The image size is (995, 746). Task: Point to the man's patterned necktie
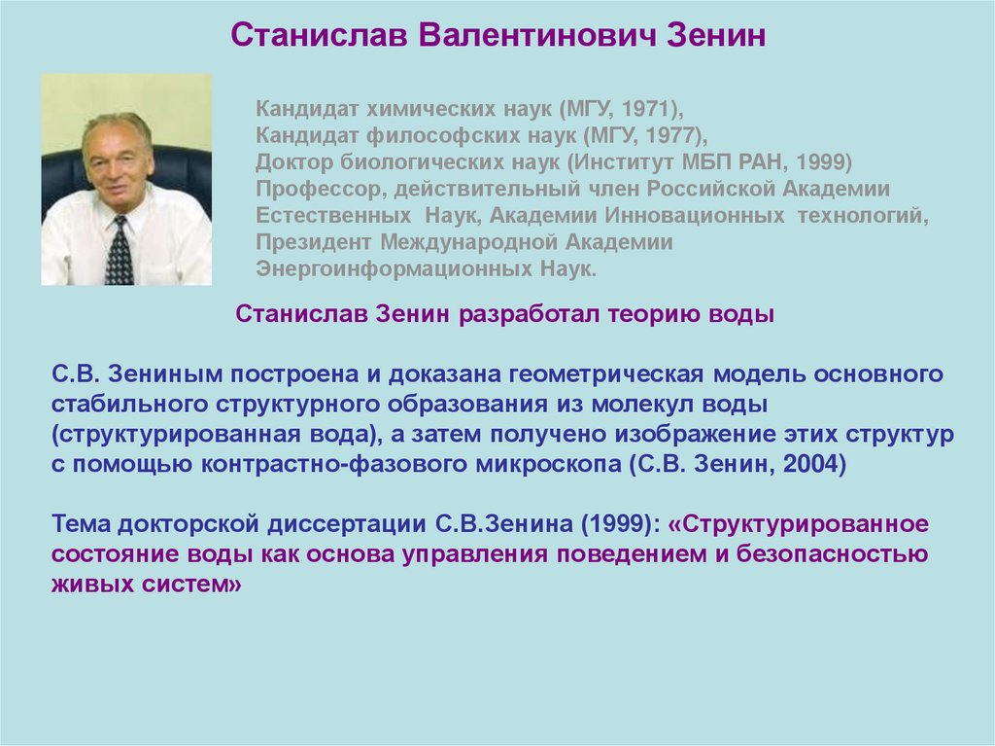pyautogui.click(x=120, y=250)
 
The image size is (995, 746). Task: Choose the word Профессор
pyautogui.click(x=311, y=188)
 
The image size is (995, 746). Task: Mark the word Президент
pyautogui.click(x=314, y=241)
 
